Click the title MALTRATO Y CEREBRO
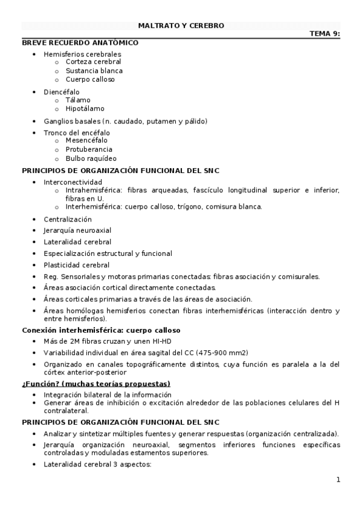click(181, 26)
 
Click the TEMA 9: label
click(325, 34)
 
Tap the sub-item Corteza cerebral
click(93, 62)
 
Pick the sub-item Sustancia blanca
click(94, 71)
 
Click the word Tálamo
click(78, 100)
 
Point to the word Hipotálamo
click(85, 109)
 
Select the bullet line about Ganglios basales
click(125, 121)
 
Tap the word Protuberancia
click(89, 149)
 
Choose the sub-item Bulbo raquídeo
click(91, 158)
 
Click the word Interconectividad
click(73, 182)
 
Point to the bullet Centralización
click(68, 219)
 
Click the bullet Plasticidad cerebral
click(76, 265)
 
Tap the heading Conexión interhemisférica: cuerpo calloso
click(101, 330)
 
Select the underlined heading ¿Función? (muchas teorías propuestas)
click(96, 384)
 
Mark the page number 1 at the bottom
click(338, 480)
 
